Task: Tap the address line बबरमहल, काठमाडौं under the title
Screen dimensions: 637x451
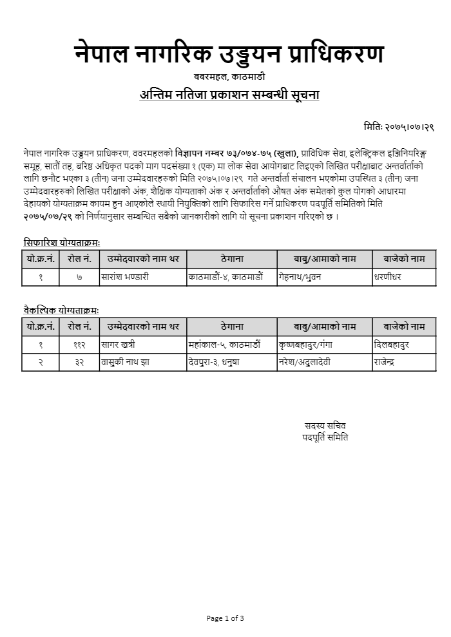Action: (229, 77)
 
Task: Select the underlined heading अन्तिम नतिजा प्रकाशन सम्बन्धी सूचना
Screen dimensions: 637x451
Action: (229, 95)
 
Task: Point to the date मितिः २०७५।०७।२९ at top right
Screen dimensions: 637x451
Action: (398, 128)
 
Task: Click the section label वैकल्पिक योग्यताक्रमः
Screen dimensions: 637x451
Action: (61, 310)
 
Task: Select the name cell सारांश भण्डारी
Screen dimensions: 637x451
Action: (126, 277)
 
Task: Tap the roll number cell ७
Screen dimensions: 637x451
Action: (79, 277)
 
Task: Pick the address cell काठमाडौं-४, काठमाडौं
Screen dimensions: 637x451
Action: (225, 277)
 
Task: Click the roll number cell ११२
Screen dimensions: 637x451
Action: (79, 345)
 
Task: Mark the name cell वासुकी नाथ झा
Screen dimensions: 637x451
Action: (126, 363)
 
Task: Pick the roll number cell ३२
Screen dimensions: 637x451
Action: (79, 363)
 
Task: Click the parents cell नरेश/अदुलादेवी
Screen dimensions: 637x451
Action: (305, 363)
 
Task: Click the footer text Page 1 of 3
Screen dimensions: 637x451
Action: (225, 618)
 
